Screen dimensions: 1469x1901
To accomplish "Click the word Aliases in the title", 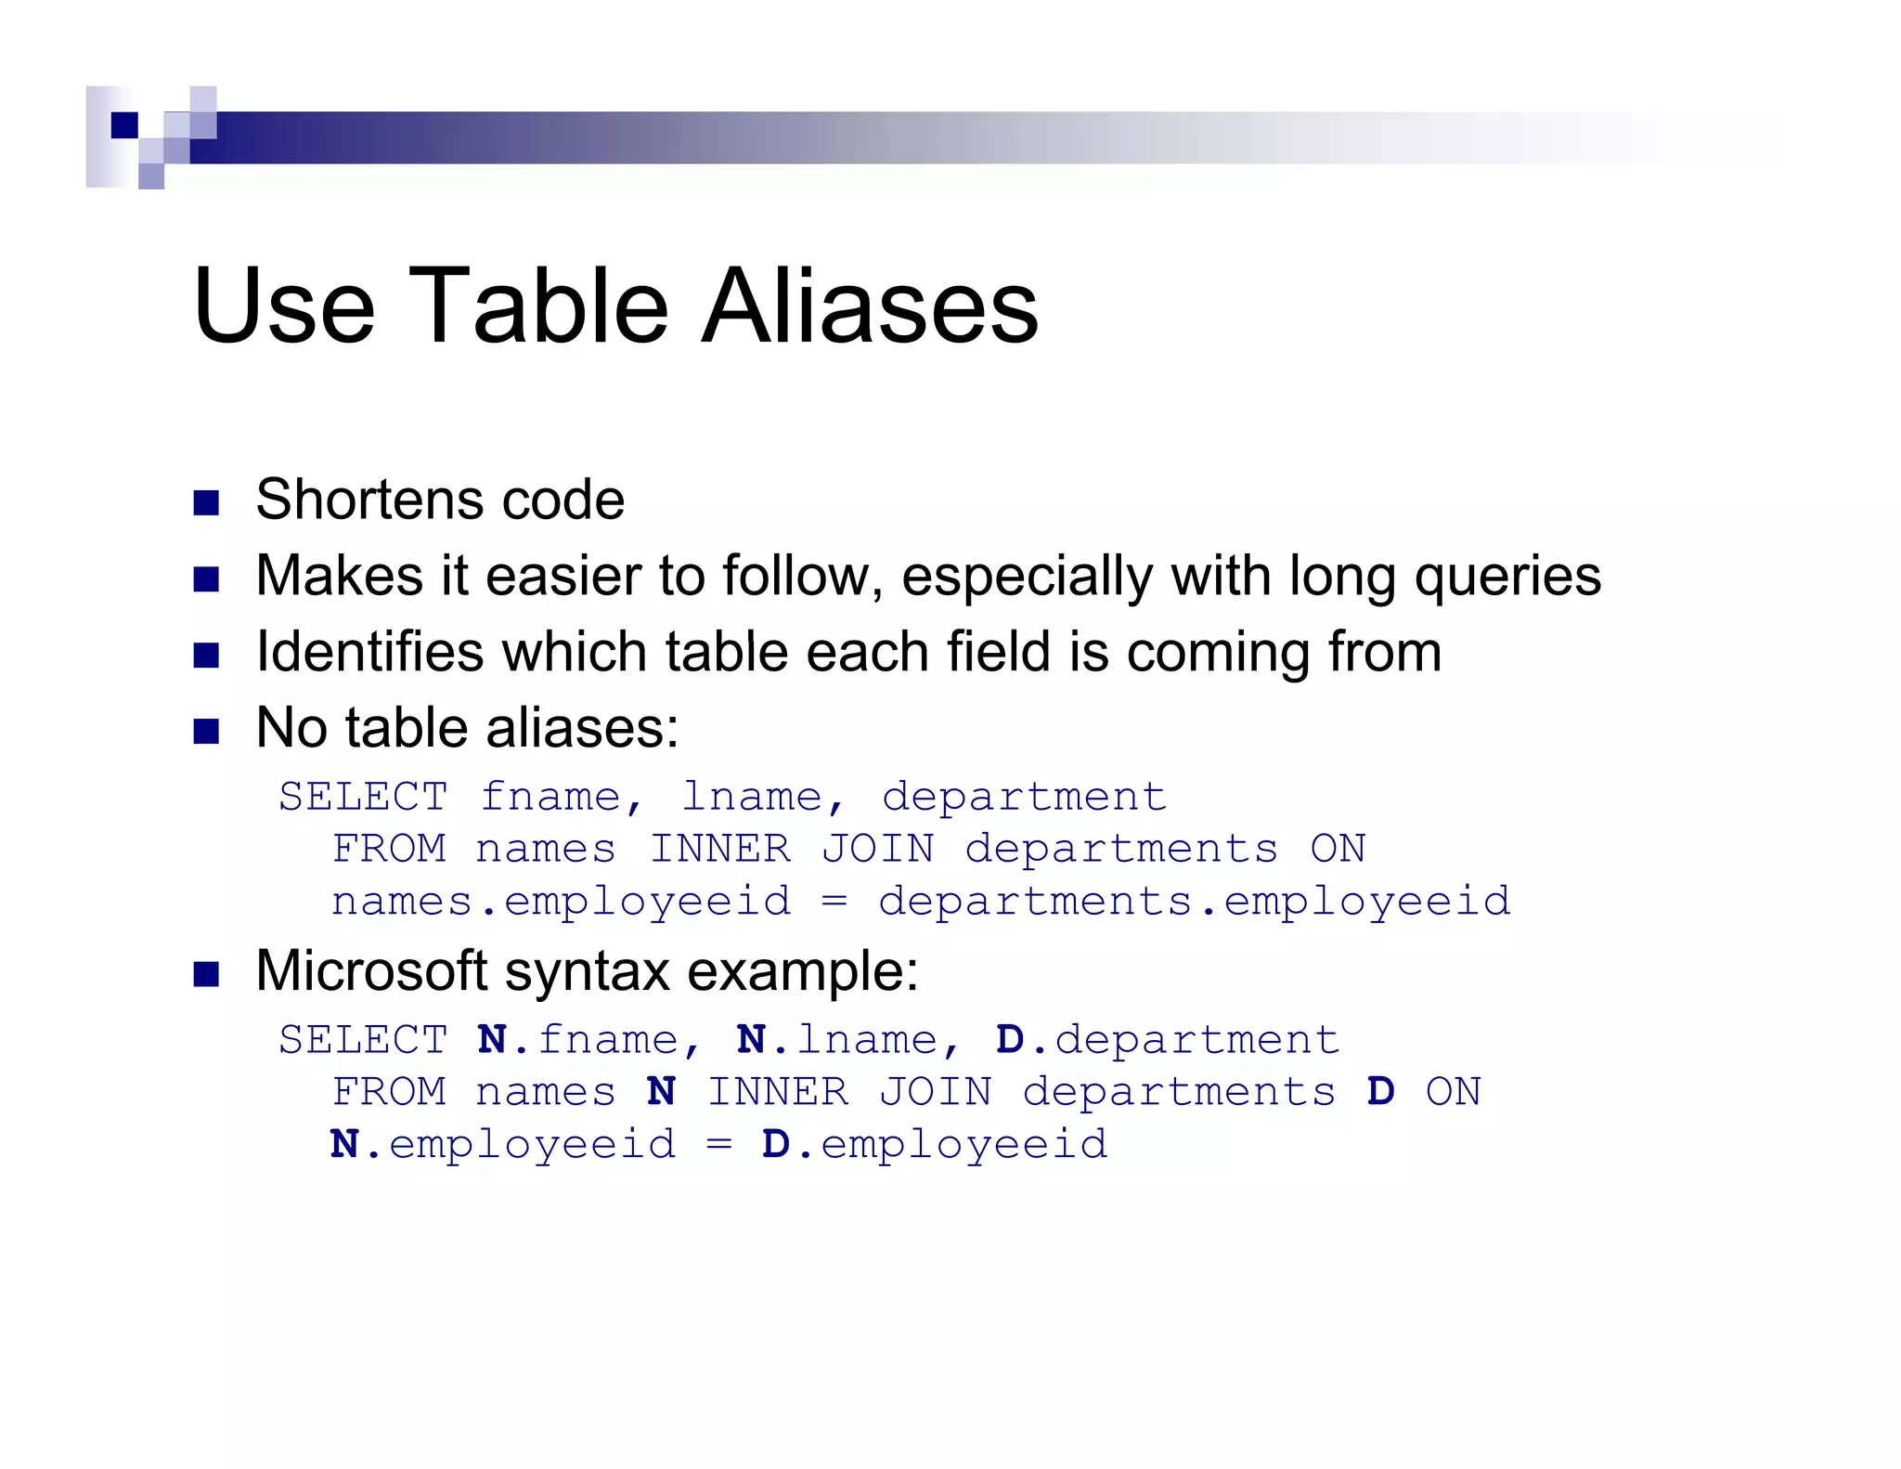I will (x=870, y=305).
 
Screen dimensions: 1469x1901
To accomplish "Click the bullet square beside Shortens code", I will (x=206, y=503).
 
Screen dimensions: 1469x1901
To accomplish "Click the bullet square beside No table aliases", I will (x=206, y=731).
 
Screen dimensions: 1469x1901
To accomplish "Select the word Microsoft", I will (x=371, y=971).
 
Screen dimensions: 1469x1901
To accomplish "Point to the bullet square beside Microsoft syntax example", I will (x=206, y=975).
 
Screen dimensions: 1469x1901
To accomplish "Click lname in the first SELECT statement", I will (x=752, y=797).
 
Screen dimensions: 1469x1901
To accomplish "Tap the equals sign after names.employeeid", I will (x=834, y=902).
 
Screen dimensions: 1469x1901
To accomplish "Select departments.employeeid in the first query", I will (x=1194, y=902).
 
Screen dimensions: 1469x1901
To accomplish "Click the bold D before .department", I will (x=1009, y=1040).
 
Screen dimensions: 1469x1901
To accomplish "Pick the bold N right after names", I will (x=661, y=1092).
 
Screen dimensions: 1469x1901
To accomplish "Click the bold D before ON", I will (x=1380, y=1092).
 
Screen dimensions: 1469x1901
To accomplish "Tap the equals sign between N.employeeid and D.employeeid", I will (x=718, y=1145).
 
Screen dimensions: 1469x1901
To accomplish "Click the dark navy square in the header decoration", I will (x=124, y=124).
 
